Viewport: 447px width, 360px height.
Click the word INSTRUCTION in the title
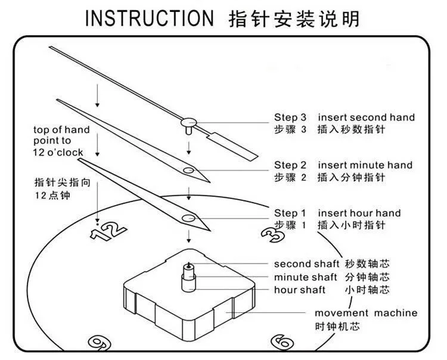tap(148, 18)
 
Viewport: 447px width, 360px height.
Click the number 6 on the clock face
tap(281, 341)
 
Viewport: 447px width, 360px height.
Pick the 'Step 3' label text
tap(290, 117)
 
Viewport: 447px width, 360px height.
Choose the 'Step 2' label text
tap(290, 165)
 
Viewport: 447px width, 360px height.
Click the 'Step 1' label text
tap(290, 213)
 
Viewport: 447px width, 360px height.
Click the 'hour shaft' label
tap(300, 290)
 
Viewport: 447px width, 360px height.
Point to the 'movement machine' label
tap(366, 313)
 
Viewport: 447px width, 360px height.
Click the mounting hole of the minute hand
tap(188, 171)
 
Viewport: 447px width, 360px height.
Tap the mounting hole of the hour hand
tap(189, 218)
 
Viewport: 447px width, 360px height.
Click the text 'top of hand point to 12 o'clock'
tap(61, 141)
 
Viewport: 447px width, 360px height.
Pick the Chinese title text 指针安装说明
tap(294, 18)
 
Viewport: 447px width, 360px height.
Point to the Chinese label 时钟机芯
tap(337, 327)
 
